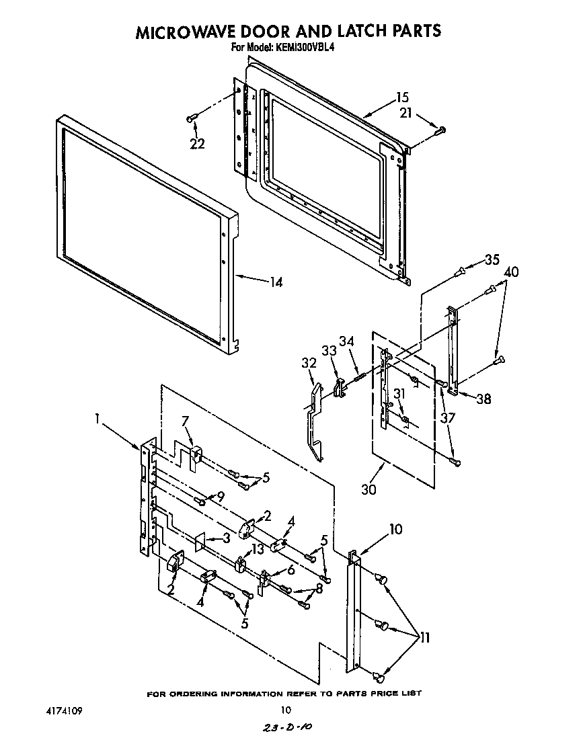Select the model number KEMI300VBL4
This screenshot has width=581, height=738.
click(x=301, y=48)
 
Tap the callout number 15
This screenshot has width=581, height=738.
click(x=402, y=97)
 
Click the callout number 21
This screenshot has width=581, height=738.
click(x=405, y=114)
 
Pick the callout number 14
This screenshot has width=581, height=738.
click(x=276, y=282)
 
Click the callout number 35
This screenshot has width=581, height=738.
click(x=492, y=259)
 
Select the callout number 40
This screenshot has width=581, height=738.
click(x=511, y=272)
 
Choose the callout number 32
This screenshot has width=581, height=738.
click(x=309, y=364)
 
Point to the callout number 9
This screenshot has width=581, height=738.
click(x=220, y=497)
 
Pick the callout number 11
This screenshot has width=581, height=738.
click(x=424, y=637)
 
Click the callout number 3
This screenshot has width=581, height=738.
click(x=227, y=538)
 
